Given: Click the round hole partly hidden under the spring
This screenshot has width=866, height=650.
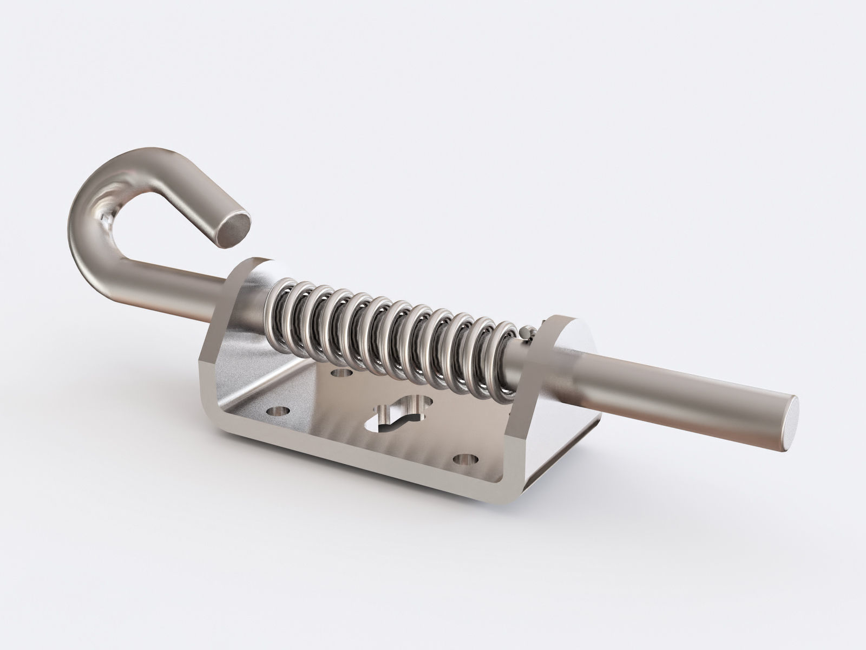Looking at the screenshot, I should coord(340,373).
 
